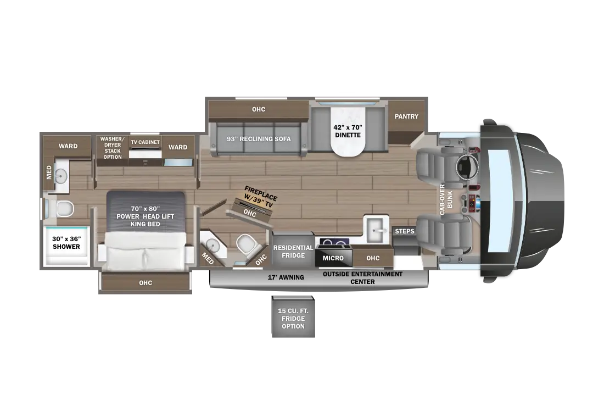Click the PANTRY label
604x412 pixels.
click(406, 116)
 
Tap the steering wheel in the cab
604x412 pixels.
click(468, 166)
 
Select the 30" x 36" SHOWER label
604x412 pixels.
click(66, 243)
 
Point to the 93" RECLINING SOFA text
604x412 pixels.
click(259, 139)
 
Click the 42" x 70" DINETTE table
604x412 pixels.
click(348, 131)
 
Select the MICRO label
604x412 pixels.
click(333, 258)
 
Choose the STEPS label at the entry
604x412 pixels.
click(405, 231)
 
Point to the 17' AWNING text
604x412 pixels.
click(286, 277)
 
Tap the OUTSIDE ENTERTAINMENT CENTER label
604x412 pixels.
click(362, 278)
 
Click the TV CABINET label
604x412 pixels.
click(145, 142)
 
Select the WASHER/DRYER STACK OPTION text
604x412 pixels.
click(112, 148)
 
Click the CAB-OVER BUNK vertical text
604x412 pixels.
click(446, 199)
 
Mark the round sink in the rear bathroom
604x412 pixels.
click(60, 176)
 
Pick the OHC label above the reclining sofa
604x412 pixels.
click(259, 109)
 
